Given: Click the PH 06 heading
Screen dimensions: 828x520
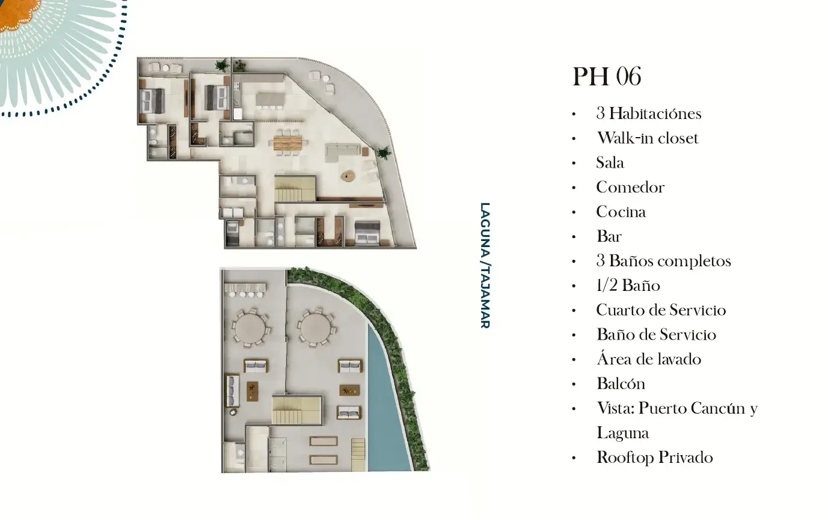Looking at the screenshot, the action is [607, 76].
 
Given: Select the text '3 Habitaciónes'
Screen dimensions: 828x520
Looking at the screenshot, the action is [649, 114].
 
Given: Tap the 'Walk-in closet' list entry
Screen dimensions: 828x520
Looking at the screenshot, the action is [648, 138].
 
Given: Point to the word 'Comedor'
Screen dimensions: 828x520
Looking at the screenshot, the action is [630, 188].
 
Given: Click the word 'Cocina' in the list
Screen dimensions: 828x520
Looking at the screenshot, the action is [621, 212].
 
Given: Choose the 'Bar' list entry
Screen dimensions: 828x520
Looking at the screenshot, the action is [609, 236].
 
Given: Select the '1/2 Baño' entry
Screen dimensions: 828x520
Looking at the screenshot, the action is [628, 286].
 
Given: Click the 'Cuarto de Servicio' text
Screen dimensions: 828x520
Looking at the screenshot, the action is [661, 310].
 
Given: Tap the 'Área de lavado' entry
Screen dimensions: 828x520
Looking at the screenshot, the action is [649, 359].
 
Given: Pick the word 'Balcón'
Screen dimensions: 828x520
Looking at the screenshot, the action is [621, 384].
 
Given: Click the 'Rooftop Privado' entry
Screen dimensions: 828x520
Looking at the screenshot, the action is [655, 457].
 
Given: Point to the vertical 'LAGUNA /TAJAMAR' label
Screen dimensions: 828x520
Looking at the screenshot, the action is [485, 265].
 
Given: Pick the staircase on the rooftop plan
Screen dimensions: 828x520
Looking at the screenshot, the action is [296, 410].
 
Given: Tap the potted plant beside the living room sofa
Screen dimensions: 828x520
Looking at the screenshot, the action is [384, 153].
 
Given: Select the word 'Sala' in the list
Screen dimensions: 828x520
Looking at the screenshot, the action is [610, 163].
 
